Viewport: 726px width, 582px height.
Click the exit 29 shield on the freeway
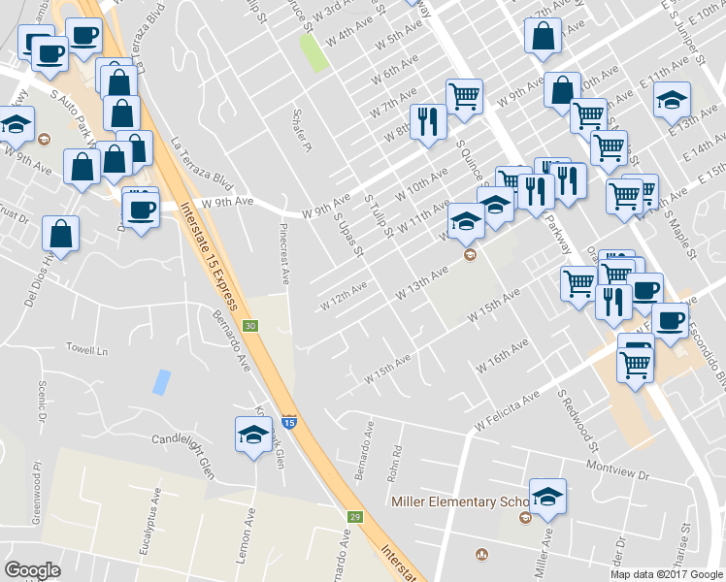tap(356, 516)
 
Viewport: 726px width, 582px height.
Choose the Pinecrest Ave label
tap(285, 254)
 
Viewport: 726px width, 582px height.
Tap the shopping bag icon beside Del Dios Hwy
tap(60, 234)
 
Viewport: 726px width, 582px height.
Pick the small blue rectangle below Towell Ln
tap(160, 381)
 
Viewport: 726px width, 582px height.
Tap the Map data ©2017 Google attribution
tap(667, 573)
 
